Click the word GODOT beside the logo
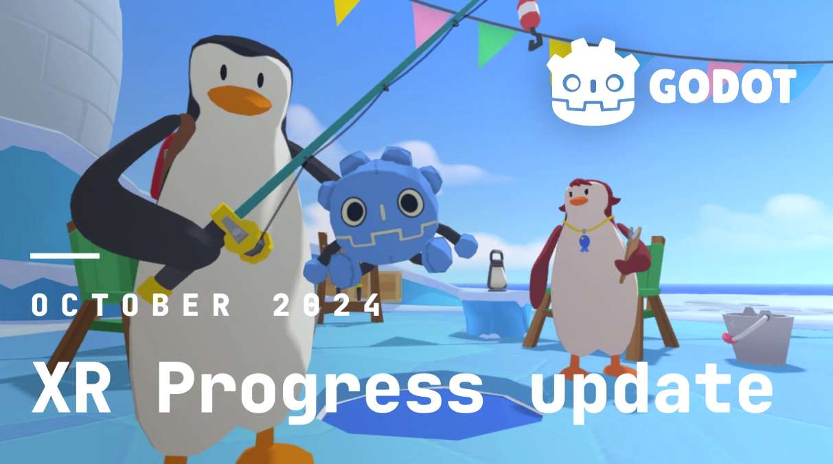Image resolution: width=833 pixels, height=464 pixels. tap(722, 86)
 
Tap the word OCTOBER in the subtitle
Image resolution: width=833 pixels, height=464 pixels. tap(131, 305)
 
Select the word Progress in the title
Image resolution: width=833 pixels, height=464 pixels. tap(320, 391)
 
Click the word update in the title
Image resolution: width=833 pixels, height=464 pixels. tap(652, 391)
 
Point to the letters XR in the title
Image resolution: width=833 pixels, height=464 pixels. tap(71, 387)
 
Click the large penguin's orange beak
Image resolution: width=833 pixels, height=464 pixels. tap(239, 100)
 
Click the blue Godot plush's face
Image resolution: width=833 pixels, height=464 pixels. tap(383, 216)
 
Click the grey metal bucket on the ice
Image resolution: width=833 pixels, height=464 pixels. tap(757, 336)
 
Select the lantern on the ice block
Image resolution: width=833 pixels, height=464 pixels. tap(497, 270)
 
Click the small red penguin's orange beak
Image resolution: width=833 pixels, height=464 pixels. tap(579, 200)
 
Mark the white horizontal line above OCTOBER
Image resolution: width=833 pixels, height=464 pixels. tap(65, 256)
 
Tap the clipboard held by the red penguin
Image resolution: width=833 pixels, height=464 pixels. tap(630, 253)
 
